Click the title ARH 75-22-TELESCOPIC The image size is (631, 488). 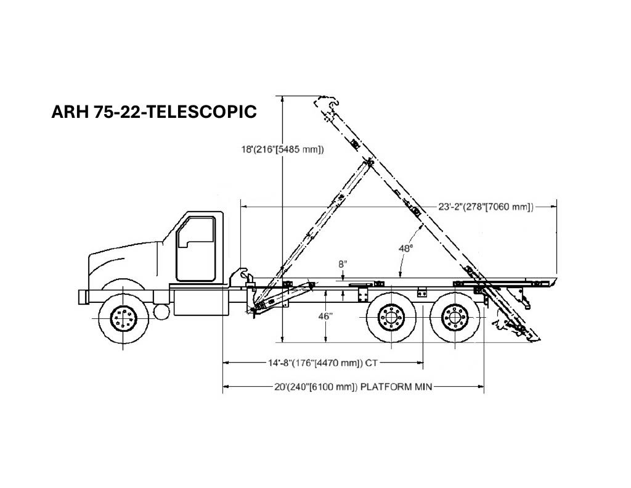coord(154,112)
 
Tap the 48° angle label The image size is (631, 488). coord(405,248)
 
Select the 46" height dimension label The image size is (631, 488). coord(325,316)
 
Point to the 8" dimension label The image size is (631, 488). coord(342,264)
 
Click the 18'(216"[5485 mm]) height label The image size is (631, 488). coord(282,149)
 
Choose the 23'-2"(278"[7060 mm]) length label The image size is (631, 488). coord(486,207)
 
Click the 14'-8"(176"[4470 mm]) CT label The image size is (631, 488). coord(323,363)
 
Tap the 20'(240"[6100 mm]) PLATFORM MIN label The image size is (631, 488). coord(353,387)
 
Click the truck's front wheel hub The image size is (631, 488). coord(123,318)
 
